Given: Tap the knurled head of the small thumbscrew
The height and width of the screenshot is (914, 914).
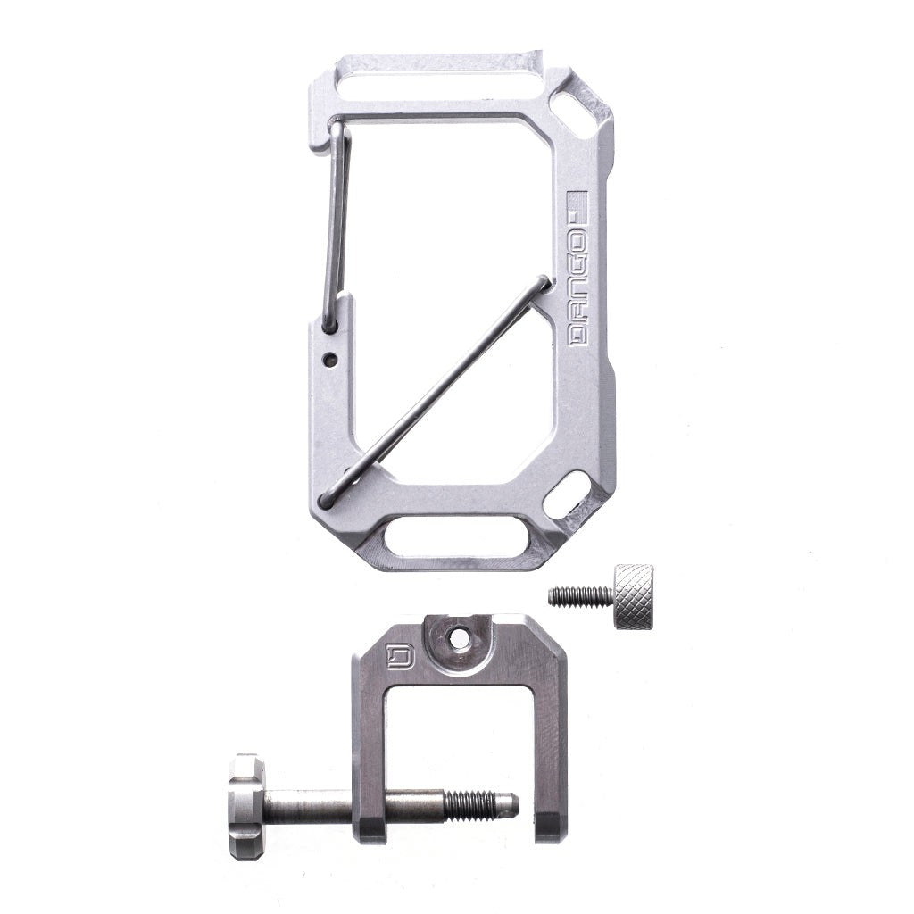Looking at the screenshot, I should (633, 596).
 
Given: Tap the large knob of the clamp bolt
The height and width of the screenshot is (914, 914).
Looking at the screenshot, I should (245, 806).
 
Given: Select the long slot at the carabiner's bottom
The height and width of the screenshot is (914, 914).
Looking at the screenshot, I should (454, 538).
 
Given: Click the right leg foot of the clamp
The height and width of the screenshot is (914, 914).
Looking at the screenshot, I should (549, 826).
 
